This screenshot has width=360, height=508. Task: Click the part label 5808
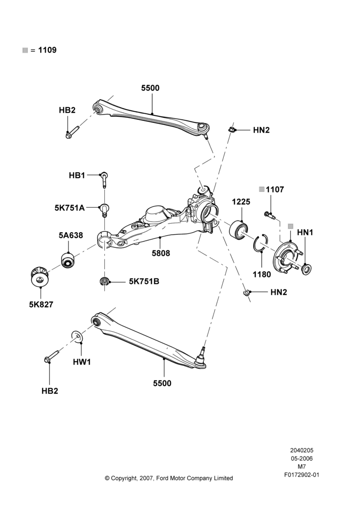161,253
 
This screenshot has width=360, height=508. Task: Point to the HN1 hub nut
306,269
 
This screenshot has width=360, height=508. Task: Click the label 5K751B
144,281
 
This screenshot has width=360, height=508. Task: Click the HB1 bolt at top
104,179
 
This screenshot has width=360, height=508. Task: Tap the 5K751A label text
69,208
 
